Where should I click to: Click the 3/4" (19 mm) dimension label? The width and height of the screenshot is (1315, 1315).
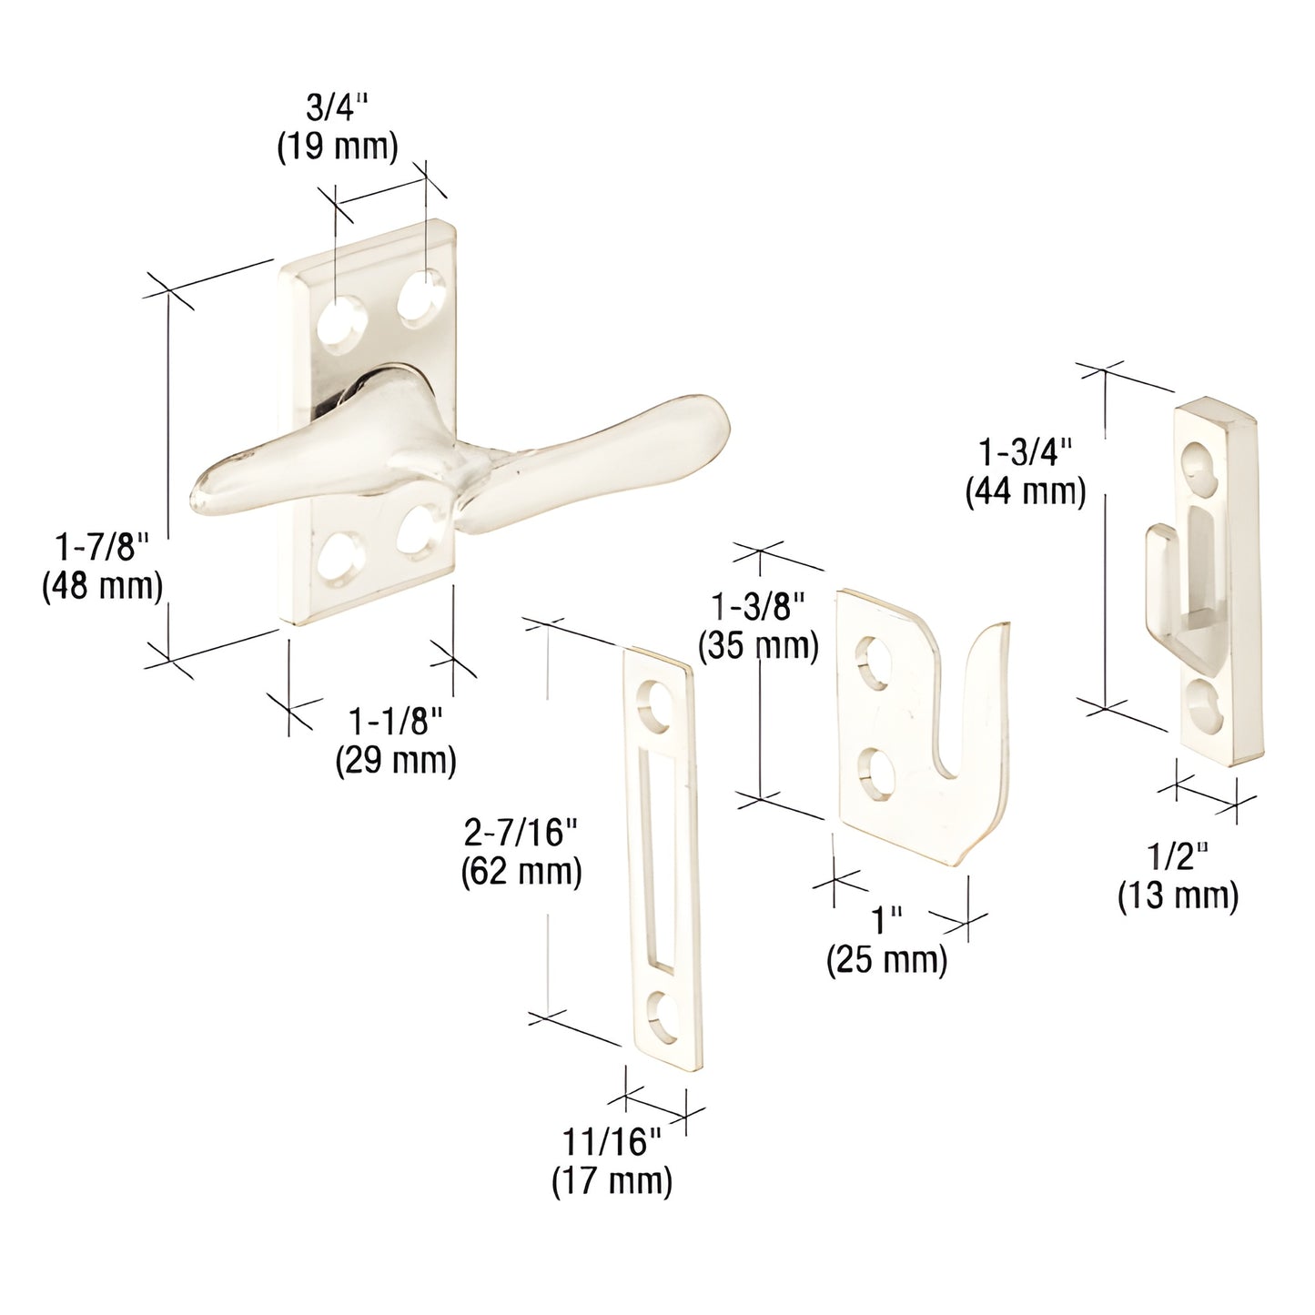tap(337, 129)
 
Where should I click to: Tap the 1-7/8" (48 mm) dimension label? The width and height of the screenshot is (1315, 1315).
tap(102, 566)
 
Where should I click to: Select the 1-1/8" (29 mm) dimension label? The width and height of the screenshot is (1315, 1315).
tap(395, 741)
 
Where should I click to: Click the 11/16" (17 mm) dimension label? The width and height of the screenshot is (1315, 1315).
tap(612, 1161)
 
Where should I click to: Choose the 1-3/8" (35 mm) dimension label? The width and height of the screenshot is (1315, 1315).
tap(758, 625)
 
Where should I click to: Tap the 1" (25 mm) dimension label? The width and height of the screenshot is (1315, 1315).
tap(886, 940)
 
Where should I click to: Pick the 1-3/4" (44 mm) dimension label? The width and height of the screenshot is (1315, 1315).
tap(1025, 471)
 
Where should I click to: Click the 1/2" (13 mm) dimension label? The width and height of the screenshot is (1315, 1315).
tap(1178, 875)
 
